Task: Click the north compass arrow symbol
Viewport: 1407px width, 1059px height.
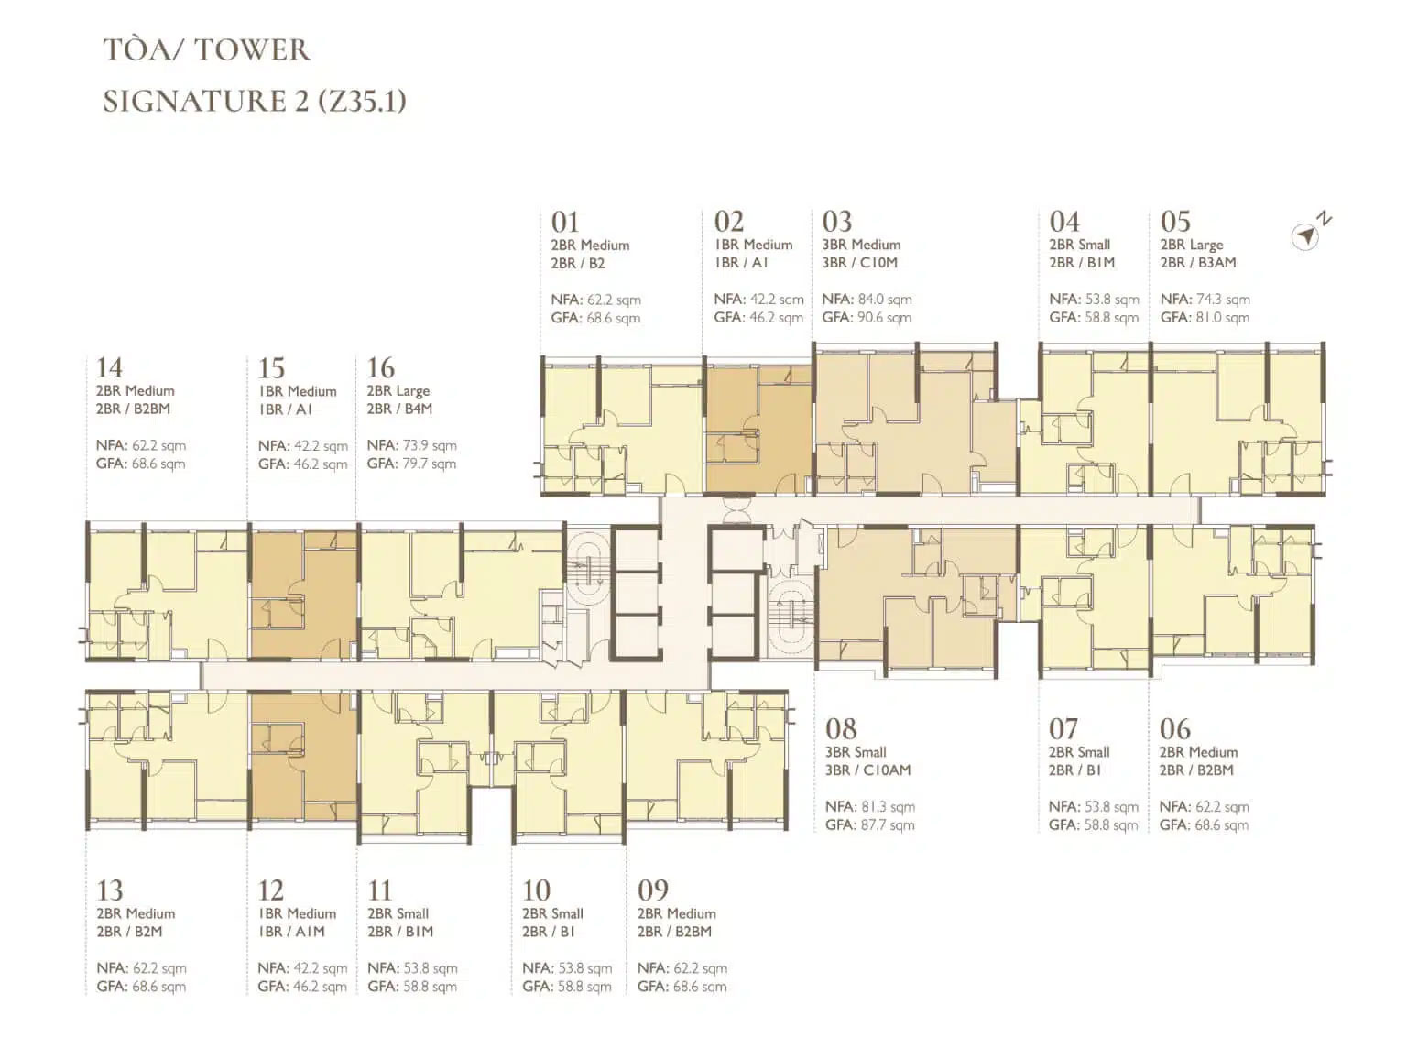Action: coord(1306,235)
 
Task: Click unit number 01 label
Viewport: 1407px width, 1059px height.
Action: coord(565,223)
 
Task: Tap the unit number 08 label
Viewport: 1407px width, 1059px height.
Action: coord(841,729)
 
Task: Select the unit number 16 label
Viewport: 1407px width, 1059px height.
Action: coord(380,368)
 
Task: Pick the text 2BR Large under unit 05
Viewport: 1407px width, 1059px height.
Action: coord(1191,245)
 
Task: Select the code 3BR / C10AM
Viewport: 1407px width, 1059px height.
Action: coord(867,770)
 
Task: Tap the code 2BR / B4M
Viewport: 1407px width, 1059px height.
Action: coord(399,409)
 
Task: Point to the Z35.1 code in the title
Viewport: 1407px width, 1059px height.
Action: coord(362,101)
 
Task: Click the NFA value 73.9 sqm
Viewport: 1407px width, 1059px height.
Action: coord(429,445)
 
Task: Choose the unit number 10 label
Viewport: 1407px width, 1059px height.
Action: coord(536,890)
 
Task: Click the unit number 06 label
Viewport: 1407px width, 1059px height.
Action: coord(1174,729)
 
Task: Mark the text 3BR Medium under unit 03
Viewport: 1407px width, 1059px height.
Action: coord(861,245)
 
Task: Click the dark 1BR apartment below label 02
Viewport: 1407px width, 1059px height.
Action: coord(758,429)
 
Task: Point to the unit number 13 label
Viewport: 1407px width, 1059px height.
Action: coord(110,890)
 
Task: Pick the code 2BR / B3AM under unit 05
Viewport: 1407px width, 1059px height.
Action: coord(1198,263)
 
